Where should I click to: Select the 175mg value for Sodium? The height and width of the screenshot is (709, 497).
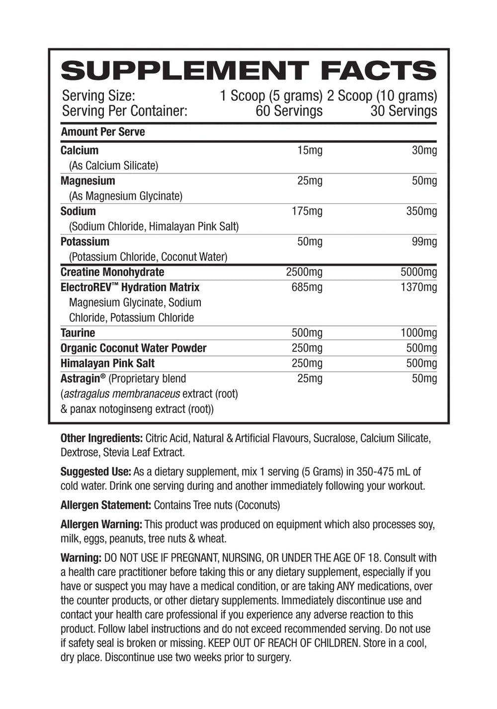[307, 211]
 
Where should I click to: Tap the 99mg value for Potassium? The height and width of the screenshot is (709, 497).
[424, 242]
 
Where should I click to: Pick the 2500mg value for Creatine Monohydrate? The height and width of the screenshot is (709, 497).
[304, 272]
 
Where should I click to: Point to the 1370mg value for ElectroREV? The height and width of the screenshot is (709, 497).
[418, 287]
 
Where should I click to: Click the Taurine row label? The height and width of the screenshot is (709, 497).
[78, 333]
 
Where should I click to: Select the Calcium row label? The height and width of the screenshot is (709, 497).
[80, 150]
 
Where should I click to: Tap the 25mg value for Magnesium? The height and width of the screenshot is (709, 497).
[310, 181]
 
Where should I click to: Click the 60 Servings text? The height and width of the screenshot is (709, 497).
[289, 111]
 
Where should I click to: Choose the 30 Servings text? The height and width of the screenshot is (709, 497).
[404, 111]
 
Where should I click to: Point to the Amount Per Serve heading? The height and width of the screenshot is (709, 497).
[103, 132]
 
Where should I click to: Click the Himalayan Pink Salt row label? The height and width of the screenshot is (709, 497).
[107, 363]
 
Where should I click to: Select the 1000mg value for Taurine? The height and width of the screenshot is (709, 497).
[418, 333]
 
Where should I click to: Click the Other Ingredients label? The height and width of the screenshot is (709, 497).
[101, 438]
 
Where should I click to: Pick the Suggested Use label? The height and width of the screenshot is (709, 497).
[95, 472]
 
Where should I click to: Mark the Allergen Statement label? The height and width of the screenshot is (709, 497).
[105, 505]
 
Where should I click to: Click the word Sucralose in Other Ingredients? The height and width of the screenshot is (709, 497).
[334, 438]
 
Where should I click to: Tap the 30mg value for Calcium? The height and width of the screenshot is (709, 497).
[424, 150]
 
